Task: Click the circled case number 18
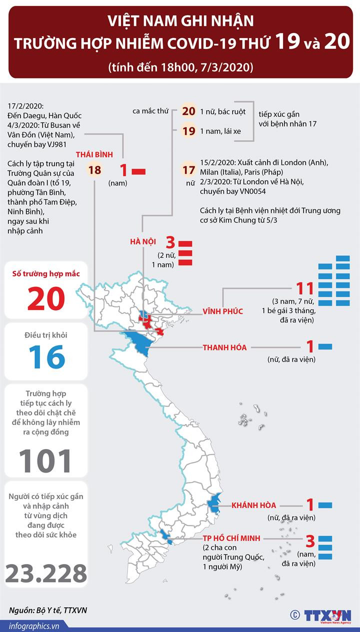94,170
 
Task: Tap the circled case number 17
188,170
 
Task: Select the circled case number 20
188,111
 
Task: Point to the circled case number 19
188,131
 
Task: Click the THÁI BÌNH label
94,154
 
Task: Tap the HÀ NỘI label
143,242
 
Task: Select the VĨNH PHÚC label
222,311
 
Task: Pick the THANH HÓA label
224,347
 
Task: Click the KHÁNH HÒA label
253,505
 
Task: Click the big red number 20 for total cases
46,298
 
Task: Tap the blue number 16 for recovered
46,356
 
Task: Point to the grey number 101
45,461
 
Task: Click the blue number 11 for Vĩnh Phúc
304,289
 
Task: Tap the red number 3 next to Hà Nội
170,243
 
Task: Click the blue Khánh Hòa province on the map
215,502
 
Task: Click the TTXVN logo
327,615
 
